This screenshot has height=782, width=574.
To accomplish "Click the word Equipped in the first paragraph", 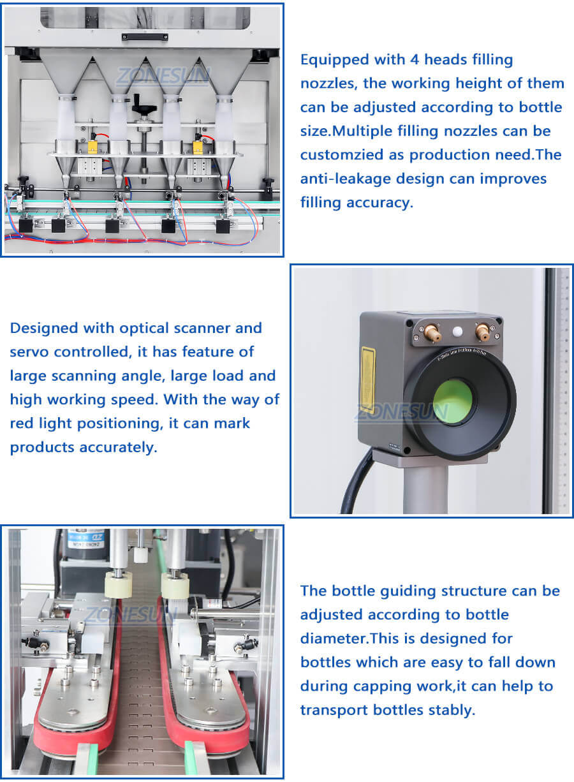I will click(332, 61).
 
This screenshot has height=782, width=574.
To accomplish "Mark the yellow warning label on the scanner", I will click(368, 380).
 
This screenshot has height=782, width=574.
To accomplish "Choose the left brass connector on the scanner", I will click(432, 332).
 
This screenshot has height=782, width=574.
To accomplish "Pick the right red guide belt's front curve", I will click(210, 740).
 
